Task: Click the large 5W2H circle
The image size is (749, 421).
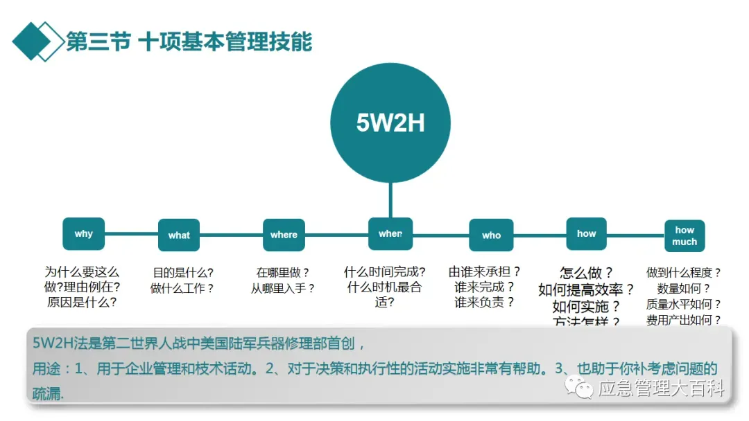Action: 390,123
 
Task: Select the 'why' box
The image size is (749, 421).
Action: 83,234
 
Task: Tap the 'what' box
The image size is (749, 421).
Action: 179,235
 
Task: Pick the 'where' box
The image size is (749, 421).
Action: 284,235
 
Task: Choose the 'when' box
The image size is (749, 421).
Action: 390,234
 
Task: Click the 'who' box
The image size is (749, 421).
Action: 491,235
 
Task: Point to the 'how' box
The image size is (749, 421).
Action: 586,234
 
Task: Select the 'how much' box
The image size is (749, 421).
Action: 685,236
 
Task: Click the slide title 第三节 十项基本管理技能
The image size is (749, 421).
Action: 189,42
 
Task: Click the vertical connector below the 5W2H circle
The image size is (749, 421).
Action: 390,201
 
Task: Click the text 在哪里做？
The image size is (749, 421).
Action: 283,273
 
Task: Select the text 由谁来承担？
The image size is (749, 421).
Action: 484,271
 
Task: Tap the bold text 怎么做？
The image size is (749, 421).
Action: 586,273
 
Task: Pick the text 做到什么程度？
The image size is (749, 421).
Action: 684,273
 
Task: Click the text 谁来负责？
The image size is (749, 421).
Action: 484,302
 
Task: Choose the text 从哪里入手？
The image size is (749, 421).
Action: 283,288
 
